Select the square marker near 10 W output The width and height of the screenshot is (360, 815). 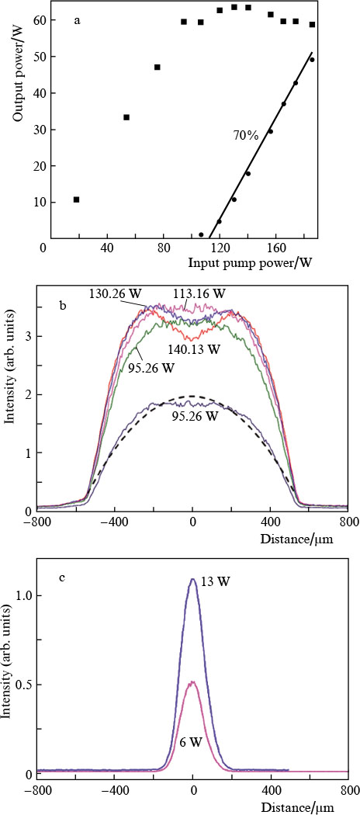click(x=76, y=199)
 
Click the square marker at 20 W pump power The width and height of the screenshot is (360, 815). click(x=76, y=199)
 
